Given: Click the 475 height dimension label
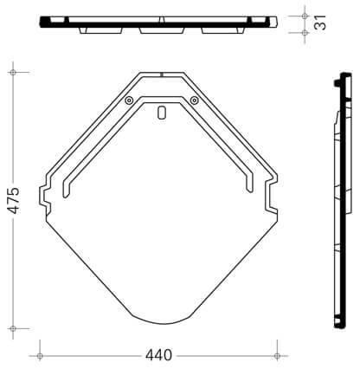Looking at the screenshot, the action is click(14, 200).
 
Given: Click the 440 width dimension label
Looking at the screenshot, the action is click(158, 355).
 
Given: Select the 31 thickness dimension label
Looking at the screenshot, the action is click(320, 22).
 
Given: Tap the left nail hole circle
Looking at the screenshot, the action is click(129, 100).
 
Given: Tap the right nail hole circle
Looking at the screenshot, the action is click(195, 100).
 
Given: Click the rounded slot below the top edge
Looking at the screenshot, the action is click(162, 113).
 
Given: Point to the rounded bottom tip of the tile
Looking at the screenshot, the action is click(162, 323).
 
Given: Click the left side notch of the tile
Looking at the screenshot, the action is click(45, 197).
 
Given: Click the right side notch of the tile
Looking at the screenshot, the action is click(271, 195).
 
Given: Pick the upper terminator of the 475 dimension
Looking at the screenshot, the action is click(13, 72).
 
